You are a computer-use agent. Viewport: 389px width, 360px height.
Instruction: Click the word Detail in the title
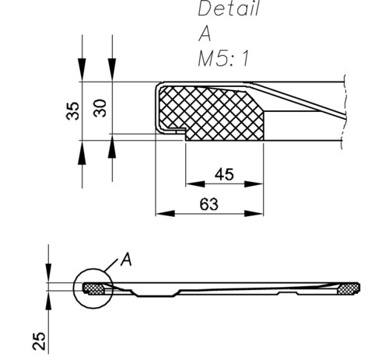click(x=229, y=9)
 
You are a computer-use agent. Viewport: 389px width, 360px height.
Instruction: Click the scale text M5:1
click(x=223, y=58)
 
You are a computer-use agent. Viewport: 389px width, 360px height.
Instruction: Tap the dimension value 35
click(x=73, y=111)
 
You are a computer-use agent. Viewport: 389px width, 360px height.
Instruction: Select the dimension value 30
click(x=100, y=108)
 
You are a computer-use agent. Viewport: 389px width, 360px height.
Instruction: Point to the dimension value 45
click(x=224, y=174)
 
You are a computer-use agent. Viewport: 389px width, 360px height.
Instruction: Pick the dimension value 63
click(x=209, y=204)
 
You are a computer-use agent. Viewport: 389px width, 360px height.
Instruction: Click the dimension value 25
click(x=39, y=341)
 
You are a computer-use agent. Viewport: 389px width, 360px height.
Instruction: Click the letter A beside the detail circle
click(x=126, y=259)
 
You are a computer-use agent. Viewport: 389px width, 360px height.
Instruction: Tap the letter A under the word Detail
click(x=205, y=34)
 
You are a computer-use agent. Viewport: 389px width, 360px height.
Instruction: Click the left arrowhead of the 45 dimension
click(x=195, y=184)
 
